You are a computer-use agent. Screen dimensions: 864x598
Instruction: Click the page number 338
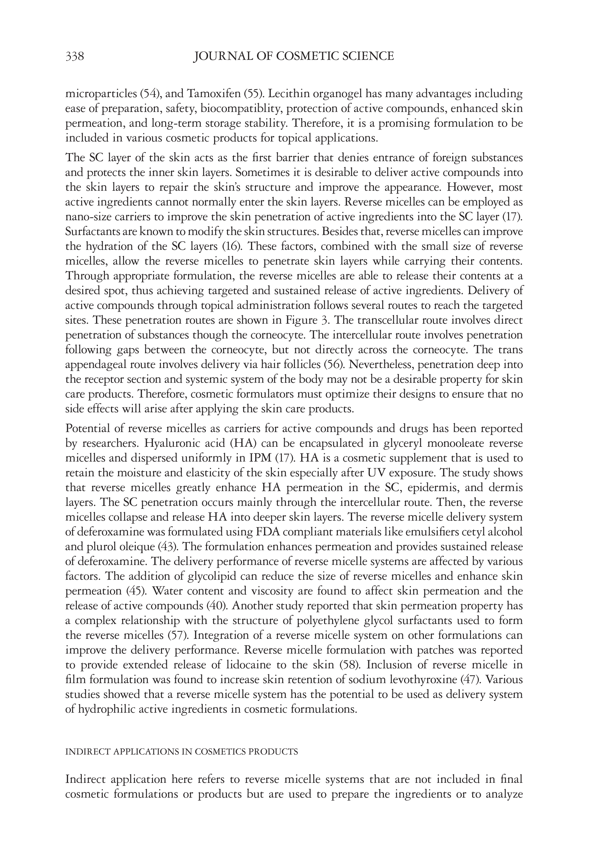[x=74, y=56]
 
